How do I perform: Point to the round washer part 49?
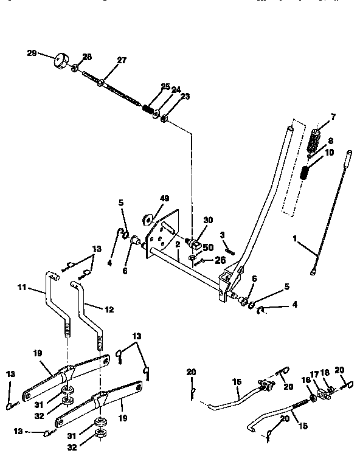(x=147, y=218)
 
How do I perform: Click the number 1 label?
(x=296, y=240)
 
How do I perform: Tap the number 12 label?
(x=109, y=309)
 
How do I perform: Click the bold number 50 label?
(x=209, y=249)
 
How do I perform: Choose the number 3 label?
(x=223, y=234)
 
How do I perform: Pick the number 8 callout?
(x=331, y=140)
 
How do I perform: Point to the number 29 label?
(x=32, y=54)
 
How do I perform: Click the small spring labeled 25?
(x=147, y=110)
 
